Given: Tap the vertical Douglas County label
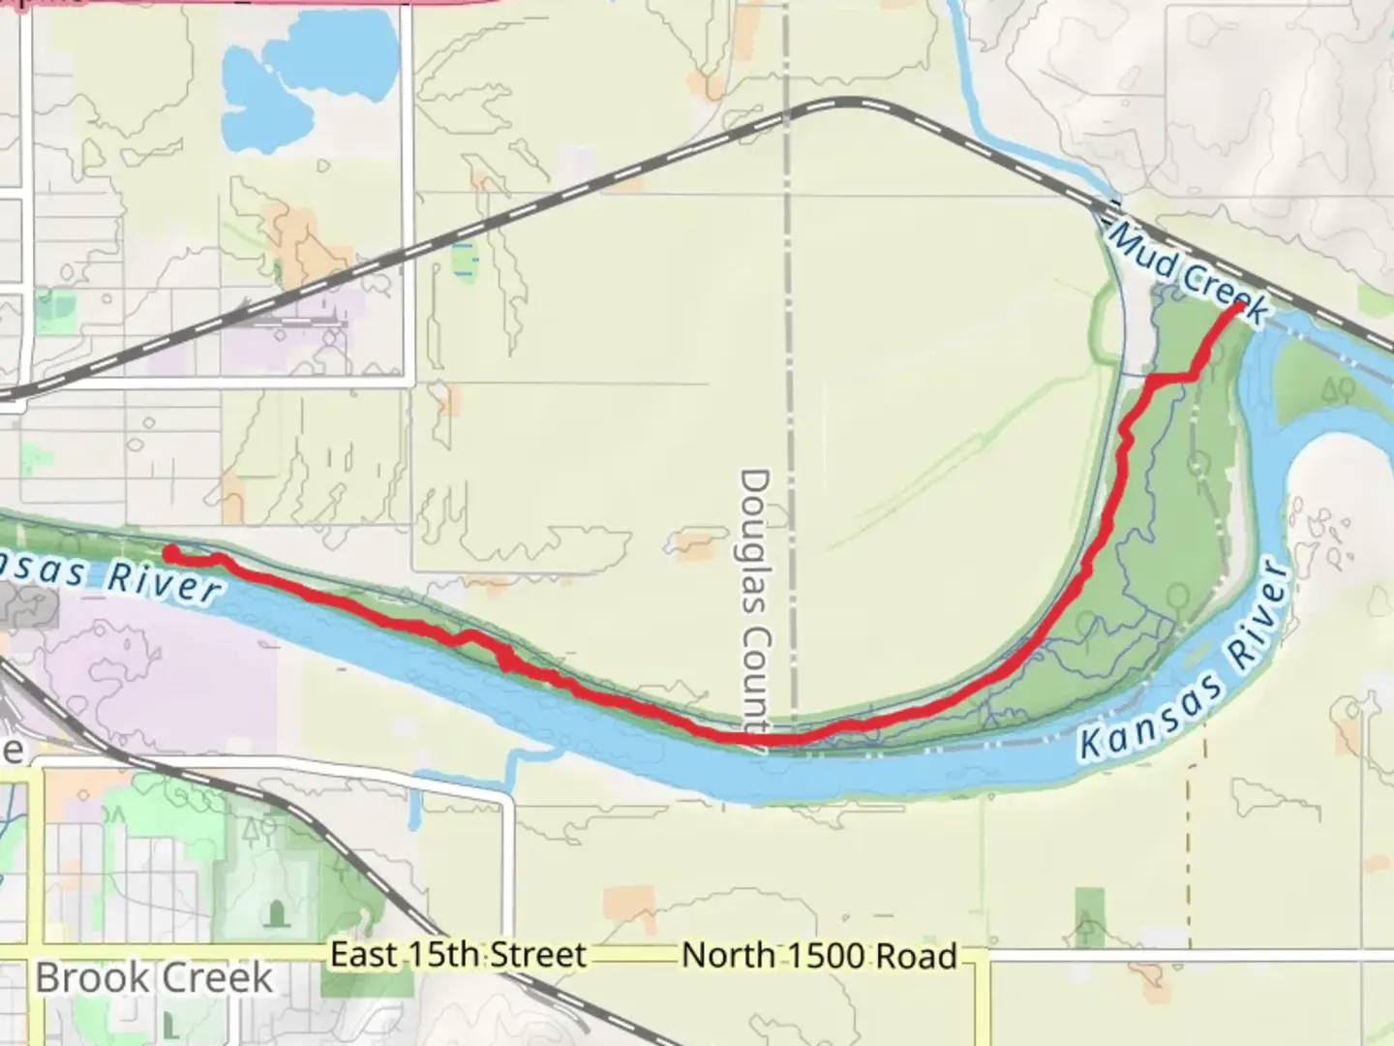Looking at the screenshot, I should pos(754,600).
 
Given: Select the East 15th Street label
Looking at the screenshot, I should pos(458,955).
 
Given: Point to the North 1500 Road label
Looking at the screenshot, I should pos(819,956).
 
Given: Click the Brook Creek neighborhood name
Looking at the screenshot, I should pos(154,977).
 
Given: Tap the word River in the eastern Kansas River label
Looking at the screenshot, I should pos(1259,611).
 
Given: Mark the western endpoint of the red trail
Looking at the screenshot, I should pos(169,553).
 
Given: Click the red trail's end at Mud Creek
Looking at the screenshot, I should pos(1239,308).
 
